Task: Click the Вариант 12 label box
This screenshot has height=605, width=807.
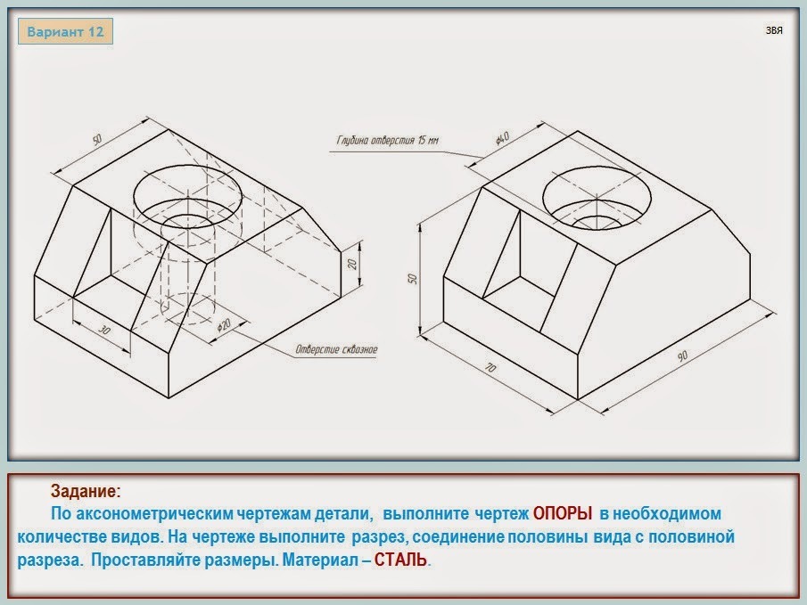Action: tap(65, 31)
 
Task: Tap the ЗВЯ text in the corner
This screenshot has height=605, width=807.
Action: tap(774, 30)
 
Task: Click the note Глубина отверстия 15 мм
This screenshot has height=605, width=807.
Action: tap(388, 141)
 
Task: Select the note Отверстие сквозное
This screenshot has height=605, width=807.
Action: tap(336, 350)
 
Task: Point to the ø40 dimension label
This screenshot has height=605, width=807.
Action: tap(502, 138)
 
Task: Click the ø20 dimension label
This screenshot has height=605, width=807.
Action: tap(224, 325)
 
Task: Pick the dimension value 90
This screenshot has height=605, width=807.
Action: tap(682, 356)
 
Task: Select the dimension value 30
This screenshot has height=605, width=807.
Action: tap(104, 330)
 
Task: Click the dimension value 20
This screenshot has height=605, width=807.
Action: tap(352, 264)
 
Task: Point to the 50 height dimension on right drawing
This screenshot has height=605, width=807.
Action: tap(412, 278)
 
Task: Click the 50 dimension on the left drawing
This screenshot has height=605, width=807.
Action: tap(97, 139)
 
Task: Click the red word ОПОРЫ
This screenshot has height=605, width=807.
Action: tap(562, 513)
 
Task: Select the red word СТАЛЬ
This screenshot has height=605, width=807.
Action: tap(400, 560)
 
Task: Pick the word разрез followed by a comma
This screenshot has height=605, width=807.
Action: tap(380, 537)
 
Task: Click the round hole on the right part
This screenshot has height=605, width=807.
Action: tap(597, 197)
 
